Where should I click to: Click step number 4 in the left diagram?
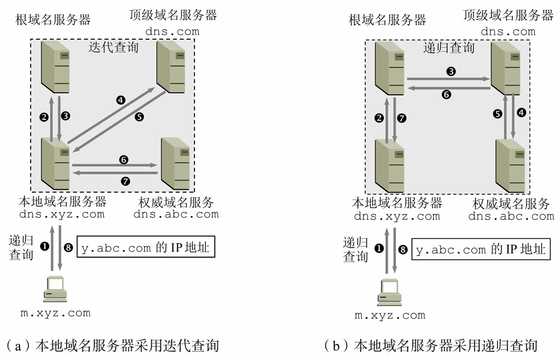(121, 100)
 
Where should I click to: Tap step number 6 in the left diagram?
(123, 159)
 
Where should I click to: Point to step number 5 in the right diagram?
(498, 114)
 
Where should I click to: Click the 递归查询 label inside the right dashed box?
(449, 48)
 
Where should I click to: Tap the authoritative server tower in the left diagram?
(175, 163)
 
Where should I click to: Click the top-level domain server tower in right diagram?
(505, 68)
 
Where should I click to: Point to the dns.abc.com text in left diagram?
(176, 214)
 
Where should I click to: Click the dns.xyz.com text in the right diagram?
(397, 216)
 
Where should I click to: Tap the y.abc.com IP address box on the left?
(143, 248)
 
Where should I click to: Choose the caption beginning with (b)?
(431, 346)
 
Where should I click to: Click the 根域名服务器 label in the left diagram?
(53, 20)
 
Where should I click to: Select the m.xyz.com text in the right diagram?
(390, 315)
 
